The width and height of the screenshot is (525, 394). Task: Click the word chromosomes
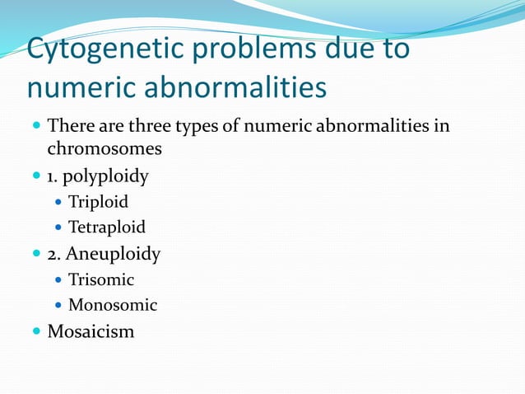(105, 150)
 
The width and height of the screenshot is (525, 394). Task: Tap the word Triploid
(98, 201)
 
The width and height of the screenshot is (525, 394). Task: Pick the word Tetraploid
(106, 227)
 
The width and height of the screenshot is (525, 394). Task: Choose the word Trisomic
(100, 279)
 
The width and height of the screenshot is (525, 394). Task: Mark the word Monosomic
(112, 305)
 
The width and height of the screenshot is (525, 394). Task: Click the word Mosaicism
(91, 331)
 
